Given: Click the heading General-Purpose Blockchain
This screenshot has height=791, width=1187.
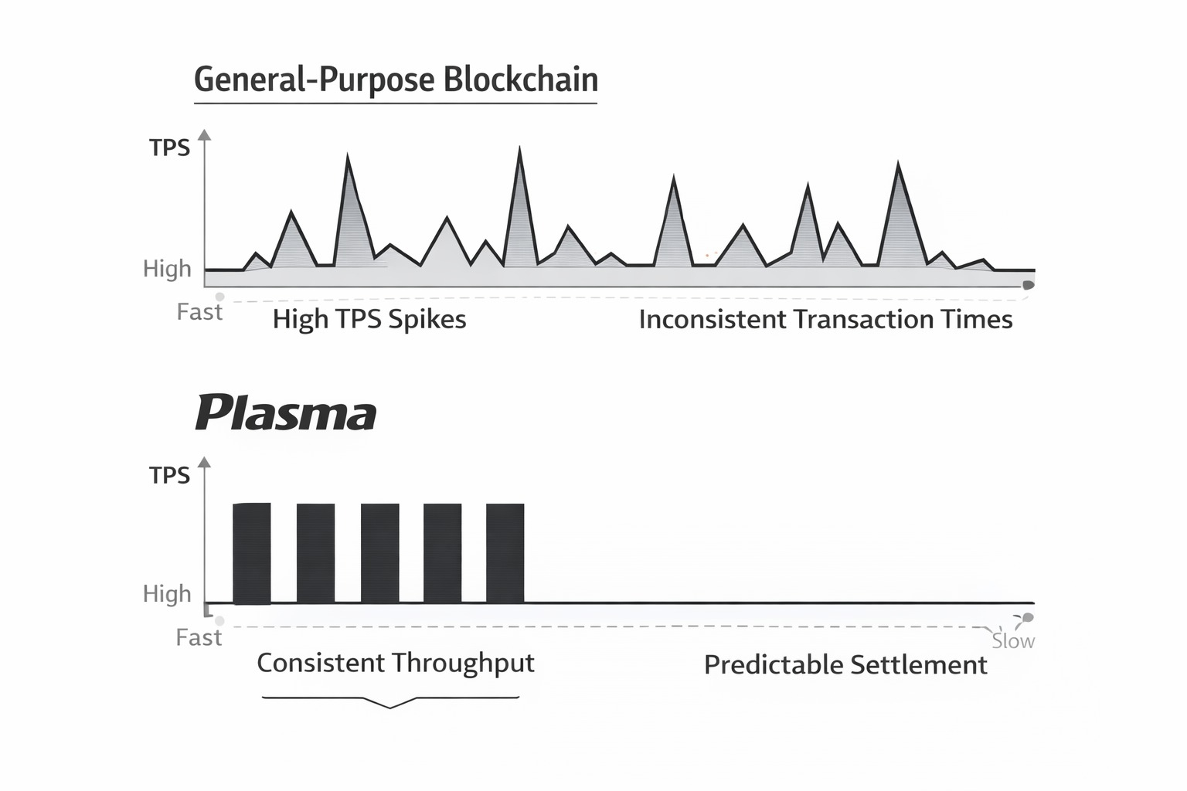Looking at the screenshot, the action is pos(396,80).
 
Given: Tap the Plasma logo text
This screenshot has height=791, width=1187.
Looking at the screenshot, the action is pos(286,412).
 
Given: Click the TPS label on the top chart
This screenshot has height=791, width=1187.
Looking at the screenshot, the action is pos(169,148).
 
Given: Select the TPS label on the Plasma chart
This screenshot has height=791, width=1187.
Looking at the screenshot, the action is pos(169,475).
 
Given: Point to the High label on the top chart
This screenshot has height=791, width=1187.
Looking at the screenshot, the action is pos(167,269).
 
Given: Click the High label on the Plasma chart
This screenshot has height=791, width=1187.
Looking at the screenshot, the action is pos(167,594).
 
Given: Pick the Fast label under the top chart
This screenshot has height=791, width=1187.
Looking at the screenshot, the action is pos(199,312).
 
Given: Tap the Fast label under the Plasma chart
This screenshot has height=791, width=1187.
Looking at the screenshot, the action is pos(199,637).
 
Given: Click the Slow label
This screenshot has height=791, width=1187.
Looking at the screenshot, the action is pos(1013,641).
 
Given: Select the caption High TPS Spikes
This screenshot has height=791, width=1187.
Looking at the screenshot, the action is pos(369,320).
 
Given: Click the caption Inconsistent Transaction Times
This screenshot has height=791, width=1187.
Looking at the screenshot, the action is pos(825,320).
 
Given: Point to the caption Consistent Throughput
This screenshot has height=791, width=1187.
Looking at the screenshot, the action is pos(396,664).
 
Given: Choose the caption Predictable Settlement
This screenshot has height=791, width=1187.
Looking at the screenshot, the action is pos(845,665).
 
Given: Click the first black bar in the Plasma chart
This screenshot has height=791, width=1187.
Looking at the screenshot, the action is pos(252,554).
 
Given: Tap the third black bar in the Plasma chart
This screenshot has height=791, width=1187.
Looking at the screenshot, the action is pos(380,554).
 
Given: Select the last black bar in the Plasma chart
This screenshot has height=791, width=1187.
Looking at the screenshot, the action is pos(505,554).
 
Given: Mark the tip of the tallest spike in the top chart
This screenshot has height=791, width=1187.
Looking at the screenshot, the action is pos(519,147).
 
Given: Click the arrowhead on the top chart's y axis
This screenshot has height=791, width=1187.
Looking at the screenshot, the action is pos(205,134).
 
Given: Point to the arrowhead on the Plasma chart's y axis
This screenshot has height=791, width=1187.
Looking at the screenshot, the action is pos(205,462).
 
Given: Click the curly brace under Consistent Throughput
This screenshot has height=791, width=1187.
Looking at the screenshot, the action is pos(390,702).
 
